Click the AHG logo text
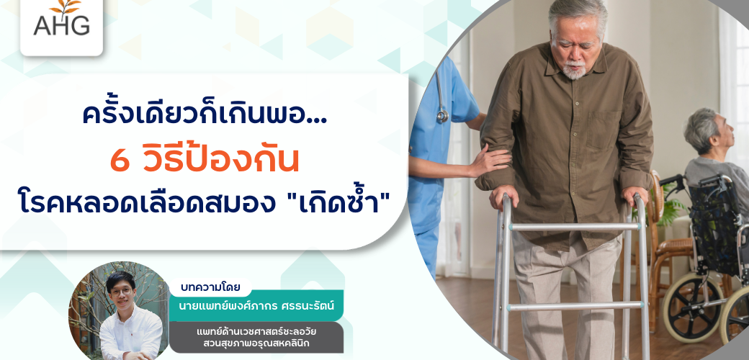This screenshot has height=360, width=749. (x=62, y=24)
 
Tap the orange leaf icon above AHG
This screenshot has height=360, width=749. (x=66, y=6)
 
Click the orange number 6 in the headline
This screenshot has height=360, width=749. (x=120, y=161)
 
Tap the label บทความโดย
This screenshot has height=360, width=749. (x=210, y=288)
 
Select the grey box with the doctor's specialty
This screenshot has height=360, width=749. (x=256, y=337)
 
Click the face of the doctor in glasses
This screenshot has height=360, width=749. (x=120, y=290)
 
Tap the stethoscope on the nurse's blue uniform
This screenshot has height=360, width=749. (x=441, y=95)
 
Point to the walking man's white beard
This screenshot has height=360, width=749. (x=574, y=71)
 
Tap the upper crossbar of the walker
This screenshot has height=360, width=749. (x=575, y=227)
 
